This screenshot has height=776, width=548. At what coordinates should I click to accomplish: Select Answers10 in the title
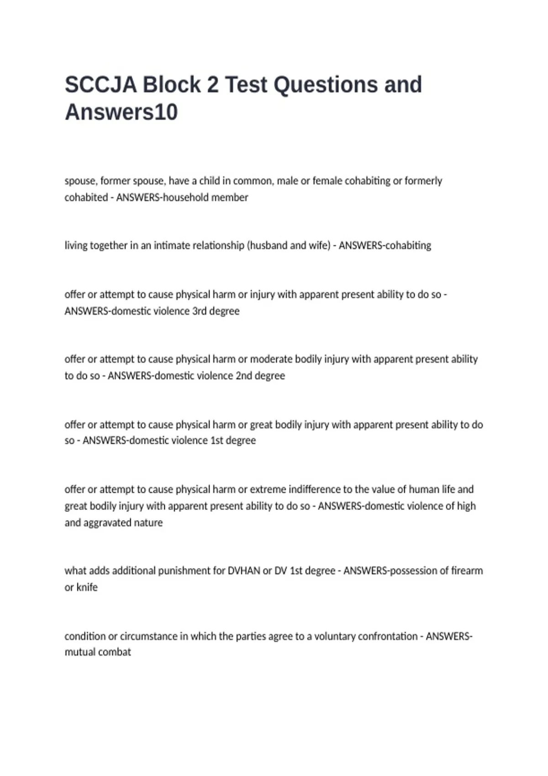(x=121, y=112)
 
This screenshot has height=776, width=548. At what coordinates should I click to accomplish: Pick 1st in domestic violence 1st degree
(x=217, y=441)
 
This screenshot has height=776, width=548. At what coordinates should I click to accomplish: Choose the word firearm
(x=467, y=571)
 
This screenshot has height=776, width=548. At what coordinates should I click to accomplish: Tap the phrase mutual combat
(x=98, y=652)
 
